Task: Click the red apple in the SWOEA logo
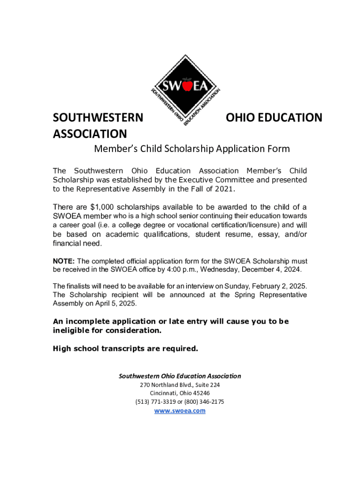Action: click(187, 86)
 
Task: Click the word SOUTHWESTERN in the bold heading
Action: click(98, 117)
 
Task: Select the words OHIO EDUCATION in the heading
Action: click(274, 117)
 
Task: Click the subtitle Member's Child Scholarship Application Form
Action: click(192, 149)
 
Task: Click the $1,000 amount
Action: click(101, 207)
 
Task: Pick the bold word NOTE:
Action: click(64, 261)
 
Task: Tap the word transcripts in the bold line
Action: click(118, 348)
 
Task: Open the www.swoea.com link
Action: click(180, 411)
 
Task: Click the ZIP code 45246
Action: click(201, 393)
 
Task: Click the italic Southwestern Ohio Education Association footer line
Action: click(180, 376)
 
